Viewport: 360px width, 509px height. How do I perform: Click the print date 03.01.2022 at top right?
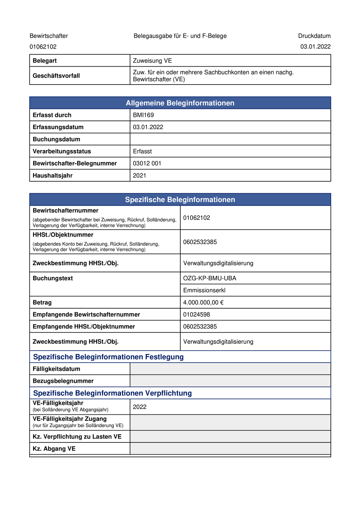point(315,46)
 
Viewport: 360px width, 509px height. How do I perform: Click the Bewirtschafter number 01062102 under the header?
point(43,47)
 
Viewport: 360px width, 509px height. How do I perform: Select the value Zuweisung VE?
point(152,61)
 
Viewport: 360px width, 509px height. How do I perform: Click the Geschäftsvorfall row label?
point(56,76)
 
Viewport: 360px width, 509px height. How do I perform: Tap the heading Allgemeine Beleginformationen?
point(180,103)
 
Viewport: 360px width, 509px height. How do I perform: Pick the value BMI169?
point(143,115)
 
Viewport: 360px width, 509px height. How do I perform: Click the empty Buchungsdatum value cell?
point(230,139)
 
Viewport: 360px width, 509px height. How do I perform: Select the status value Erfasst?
point(142,151)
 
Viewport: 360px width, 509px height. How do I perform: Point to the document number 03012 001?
point(147,163)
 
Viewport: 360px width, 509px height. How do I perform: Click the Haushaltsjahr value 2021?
point(139,176)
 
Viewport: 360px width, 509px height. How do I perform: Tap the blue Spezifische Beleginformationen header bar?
point(180,200)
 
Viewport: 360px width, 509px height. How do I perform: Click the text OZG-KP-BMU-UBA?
point(210,278)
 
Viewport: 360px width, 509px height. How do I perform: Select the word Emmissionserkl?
point(204,290)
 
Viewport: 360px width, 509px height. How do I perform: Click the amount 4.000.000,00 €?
point(203,303)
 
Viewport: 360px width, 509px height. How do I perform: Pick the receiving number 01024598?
point(197,315)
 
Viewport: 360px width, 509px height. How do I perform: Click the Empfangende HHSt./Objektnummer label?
point(84,327)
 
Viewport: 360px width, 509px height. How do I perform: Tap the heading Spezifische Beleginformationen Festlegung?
point(108,357)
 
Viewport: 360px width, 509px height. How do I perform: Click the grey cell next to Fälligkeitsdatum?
point(230,369)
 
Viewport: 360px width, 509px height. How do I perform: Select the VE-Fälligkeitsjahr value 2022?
point(140,407)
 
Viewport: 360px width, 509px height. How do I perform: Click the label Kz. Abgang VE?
point(54,449)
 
